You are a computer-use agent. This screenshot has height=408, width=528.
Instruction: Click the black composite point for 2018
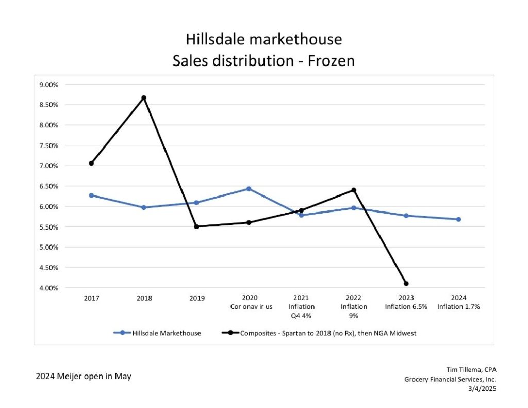(144, 98)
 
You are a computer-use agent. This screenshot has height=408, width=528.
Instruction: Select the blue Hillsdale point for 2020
(249, 189)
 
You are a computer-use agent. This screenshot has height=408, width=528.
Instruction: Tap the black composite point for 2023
(406, 284)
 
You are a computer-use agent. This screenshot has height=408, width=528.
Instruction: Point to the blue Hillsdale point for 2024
(458, 219)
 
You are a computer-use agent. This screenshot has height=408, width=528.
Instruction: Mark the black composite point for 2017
(91, 163)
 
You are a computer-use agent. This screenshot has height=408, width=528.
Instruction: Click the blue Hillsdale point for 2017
(91, 195)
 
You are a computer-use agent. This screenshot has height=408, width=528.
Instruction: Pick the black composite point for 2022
(354, 190)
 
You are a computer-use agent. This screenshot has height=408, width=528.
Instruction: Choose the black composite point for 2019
(196, 226)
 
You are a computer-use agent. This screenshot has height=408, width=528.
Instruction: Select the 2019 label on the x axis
(196, 298)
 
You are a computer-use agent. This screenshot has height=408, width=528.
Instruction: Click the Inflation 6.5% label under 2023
(406, 307)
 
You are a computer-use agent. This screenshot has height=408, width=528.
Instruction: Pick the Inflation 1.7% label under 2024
(458, 307)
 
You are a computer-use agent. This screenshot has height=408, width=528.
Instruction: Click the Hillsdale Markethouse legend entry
(157, 333)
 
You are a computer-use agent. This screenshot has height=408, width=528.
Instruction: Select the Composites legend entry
(320, 333)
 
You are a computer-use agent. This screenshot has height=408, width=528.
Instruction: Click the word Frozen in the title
(331, 61)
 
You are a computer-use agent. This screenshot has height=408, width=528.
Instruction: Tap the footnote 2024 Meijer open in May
(84, 377)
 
